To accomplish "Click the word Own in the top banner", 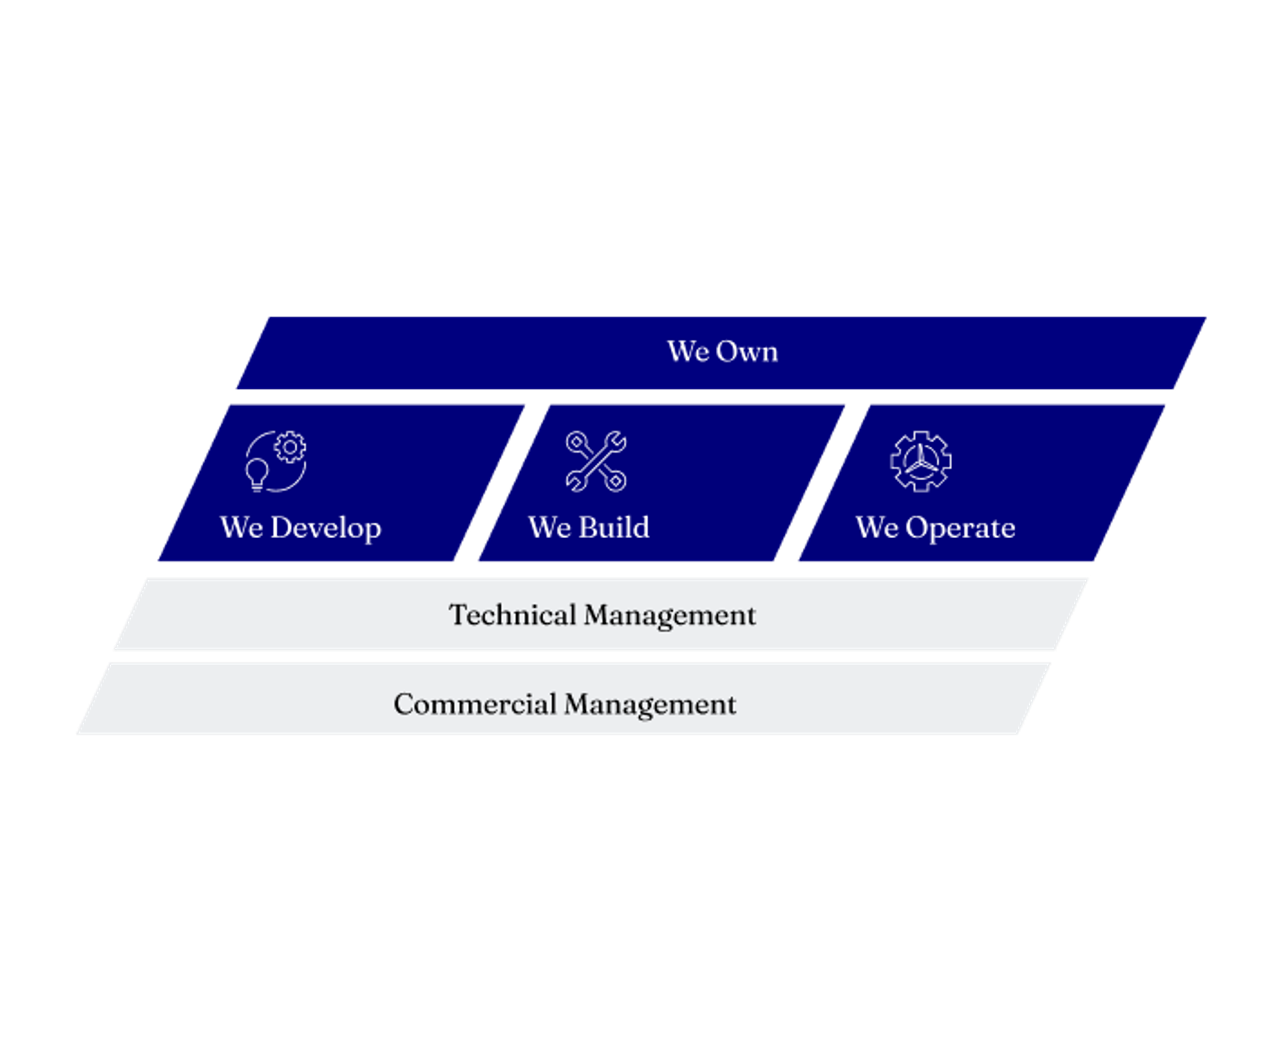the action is click(x=747, y=351).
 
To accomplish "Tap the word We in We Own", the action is click(x=687, y=351).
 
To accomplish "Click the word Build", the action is click(x=614, y=528).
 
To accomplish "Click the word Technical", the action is click(x=513, y=615).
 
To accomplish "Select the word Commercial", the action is click(x=475, y=704).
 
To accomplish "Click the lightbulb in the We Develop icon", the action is click(x=257, y=475).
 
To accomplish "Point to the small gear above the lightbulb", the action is click(x=290, y=447).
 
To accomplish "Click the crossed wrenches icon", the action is click(x=596, y=461).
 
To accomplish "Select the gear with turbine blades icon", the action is click(x=921, y=461).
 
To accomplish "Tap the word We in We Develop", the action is click(x=241, y=528).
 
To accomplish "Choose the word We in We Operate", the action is click(x=877, y=528).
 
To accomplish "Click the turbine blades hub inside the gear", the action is click(x=921, y=462).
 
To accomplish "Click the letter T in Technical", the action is click(x=459, y=615).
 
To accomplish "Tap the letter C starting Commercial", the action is click(x=404, y=704).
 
